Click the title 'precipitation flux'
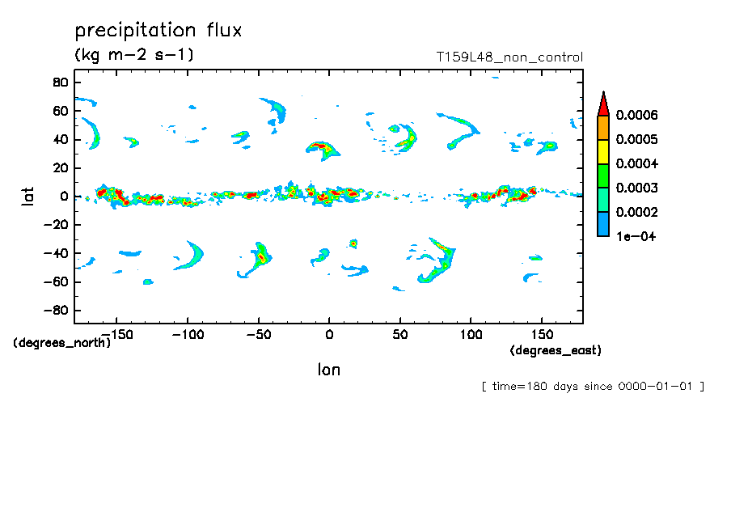158,32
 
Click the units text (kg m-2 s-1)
134,55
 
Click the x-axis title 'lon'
328,370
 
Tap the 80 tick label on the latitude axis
60,82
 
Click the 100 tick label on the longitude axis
471,334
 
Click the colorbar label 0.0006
637,116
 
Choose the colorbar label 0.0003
637,188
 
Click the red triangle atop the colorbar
602,104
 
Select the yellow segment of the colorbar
602,152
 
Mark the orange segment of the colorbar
602,128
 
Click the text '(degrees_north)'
62,342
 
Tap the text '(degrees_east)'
556,350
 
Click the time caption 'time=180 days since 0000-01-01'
593,387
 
